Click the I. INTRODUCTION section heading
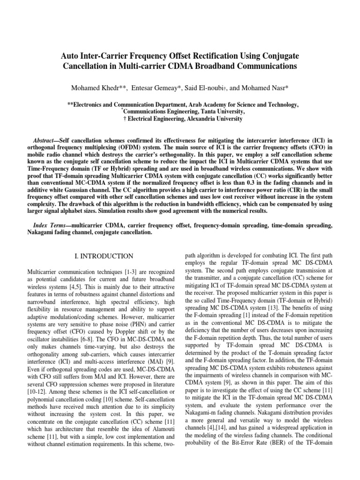[x=104, y=256]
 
